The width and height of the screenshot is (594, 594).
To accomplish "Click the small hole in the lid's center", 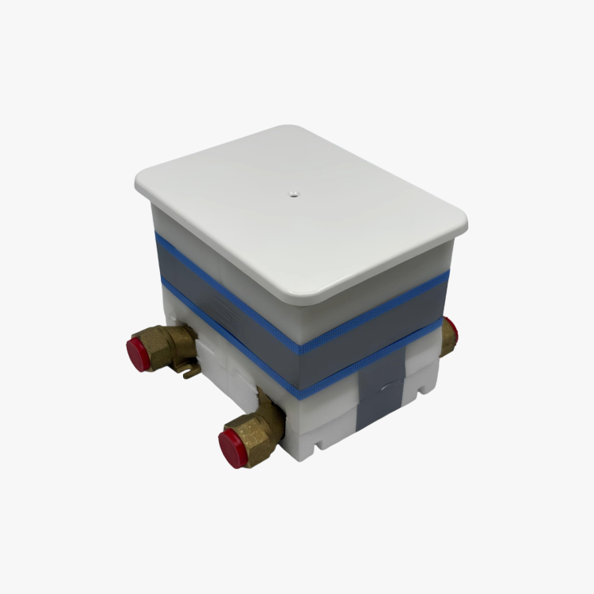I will [292, 191].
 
